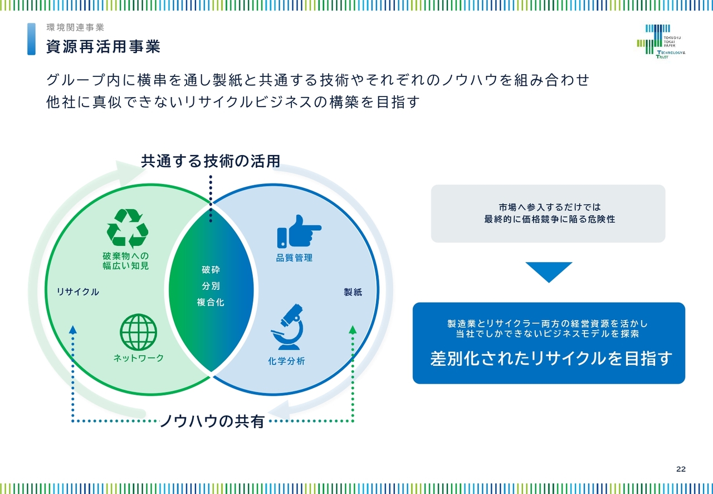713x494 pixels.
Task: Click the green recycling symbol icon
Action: pos(128,228)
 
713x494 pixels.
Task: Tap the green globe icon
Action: pos(139,332)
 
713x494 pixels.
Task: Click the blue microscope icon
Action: pos(287,327)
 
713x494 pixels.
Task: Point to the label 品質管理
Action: pos(294,258)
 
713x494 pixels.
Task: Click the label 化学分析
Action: pos(286,361)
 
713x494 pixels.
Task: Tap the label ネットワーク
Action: pos(139,358)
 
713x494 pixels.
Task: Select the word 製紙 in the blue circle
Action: pos(353,292)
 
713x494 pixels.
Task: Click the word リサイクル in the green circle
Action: pos(77,292)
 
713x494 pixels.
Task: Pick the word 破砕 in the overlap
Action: pos(211,270)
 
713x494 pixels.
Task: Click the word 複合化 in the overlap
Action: pos(211,302)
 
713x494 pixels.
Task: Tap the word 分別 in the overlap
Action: pos(211,286)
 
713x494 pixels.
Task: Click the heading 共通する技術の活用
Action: pos(211,161)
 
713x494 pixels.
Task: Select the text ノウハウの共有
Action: pos(212,421)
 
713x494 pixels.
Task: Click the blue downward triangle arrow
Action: pos(549,272)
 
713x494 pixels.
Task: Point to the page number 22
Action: pos(681,469)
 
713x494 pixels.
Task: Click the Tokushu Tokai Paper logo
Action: pos(661,41)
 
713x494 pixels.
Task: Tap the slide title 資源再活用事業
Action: pos(103,46)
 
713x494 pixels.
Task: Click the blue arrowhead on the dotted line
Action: pos(73,330)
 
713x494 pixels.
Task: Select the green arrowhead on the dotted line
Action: pos(353,330)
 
